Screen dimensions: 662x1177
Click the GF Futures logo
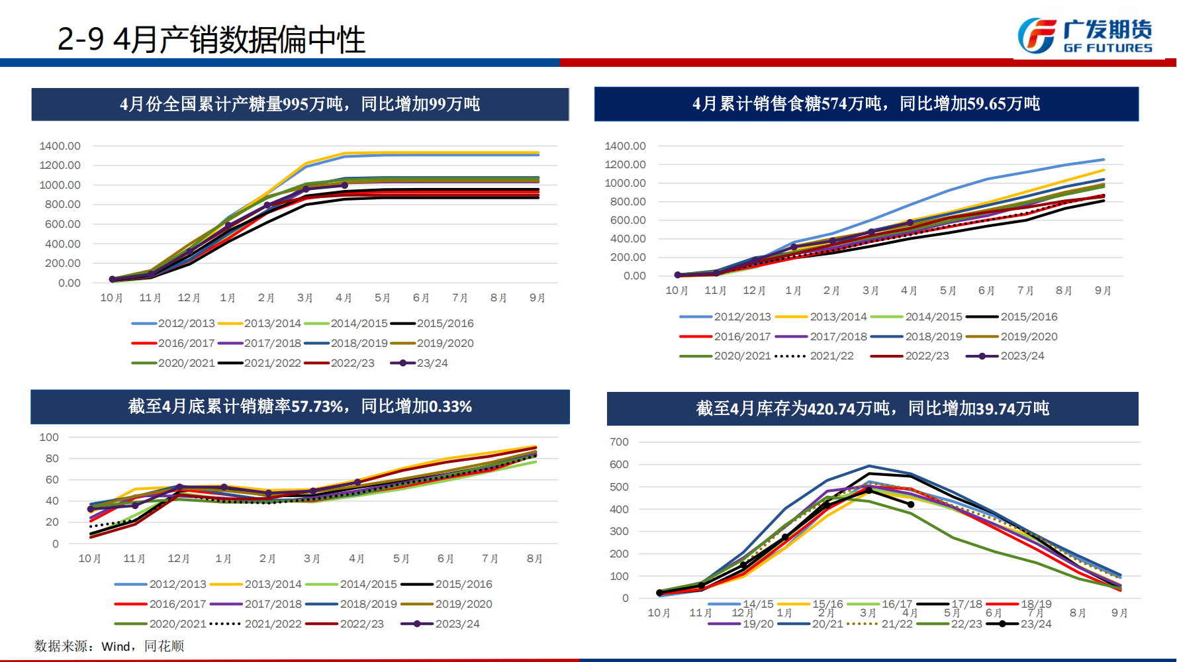pyautogui.click(x=1085, y=36)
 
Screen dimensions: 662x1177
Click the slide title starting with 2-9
pyautogui.click(x=211, y=39)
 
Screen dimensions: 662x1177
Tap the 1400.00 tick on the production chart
pyautogui.click(x=60, y=146)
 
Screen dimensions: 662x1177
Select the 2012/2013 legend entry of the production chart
pyautogui.click(x=173, y=324)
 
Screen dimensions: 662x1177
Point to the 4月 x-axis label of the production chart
pyautogui.click(x=344, y=298)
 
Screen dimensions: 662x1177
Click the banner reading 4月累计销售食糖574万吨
pyautogui.click(x=866, y=104)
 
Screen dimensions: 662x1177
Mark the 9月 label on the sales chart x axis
pyautogui.click(x=1103, y=291)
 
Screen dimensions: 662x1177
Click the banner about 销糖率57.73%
pyautogui.click(x=300, y=406)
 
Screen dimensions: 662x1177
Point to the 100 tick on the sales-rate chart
pyautogui.click(x=49, y=438)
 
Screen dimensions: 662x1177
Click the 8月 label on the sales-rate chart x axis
pyautogui.click(x=534, y=559)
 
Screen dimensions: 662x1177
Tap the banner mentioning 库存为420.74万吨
pyautogui.click(x=872, y=408)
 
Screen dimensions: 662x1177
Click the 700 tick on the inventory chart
pyautogui.click(x=619, y=442)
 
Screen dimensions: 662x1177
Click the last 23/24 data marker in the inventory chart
pyautogui.click(x=911, y=504)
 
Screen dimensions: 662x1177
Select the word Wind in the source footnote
pyautogui.click(x=116, y=647)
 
